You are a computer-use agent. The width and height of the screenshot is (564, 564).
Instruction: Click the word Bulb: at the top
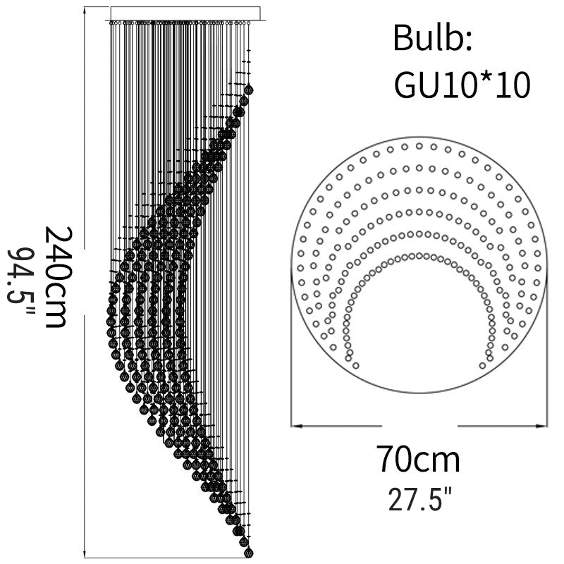432,38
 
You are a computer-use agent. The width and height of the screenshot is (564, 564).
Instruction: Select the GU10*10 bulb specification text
462,85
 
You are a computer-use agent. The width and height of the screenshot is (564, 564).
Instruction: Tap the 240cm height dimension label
59,277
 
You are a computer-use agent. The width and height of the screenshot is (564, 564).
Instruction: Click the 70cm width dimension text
419,459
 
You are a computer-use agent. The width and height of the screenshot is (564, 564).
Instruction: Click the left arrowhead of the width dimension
295,426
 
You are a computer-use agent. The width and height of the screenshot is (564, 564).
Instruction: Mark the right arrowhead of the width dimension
542,426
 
